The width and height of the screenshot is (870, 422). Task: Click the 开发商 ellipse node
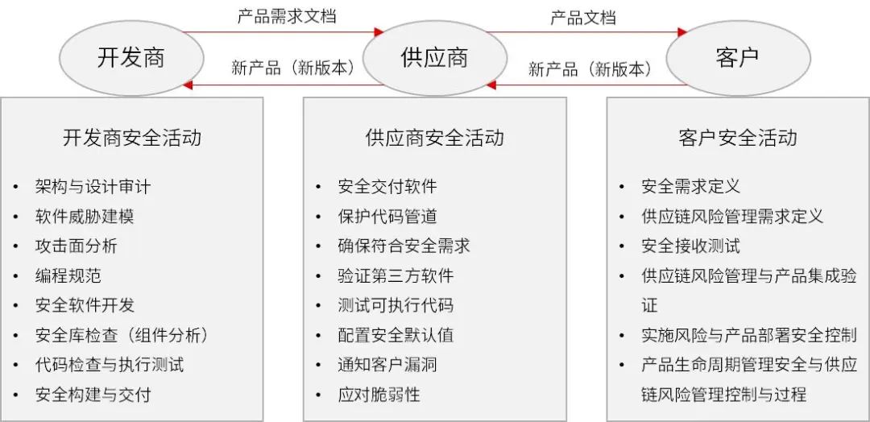tap(131, 58)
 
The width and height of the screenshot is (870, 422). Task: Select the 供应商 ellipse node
tap(434, 58)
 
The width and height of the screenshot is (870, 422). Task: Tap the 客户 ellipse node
tap(738, 58)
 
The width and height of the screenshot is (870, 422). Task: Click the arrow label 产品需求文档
tap(287, 16)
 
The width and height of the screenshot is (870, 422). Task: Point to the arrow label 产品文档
tap(583, 17)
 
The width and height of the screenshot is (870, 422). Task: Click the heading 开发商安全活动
tap(132, 138)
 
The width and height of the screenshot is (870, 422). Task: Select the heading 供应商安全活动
tap(435, 138)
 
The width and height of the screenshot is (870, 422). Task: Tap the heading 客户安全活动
tap(738, 138)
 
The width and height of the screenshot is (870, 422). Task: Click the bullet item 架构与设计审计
tap(93, 186)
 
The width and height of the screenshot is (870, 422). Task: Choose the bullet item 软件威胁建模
tap(85, 217)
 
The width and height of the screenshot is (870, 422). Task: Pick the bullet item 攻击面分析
tap(76, 246)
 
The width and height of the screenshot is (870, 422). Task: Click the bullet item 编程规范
tap(68, 275)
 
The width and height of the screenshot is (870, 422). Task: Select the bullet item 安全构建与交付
tap(93, 395)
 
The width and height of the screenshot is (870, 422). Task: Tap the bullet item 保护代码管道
tap(387, 217)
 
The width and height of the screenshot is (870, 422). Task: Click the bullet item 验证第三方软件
tap(396, 275)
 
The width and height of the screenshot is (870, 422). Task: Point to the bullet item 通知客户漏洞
tap(387, 365)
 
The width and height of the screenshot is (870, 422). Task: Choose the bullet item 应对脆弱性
tap(379, 395)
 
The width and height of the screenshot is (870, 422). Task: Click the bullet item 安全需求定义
tap(691, 186)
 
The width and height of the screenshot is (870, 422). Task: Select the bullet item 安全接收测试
tap(691, 246)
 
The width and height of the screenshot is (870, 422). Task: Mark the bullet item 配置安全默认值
tap(396, 335)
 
